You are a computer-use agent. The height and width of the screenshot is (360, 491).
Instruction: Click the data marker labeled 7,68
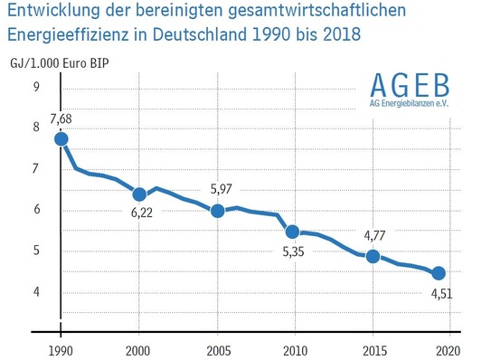point(61,138)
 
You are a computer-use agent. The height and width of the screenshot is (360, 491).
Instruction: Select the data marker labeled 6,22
point(139,194)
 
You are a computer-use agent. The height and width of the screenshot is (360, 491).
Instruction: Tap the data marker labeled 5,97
point(217,210)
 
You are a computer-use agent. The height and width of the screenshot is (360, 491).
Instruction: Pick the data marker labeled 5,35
point(293,232)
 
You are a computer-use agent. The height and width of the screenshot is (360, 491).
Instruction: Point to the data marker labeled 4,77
point(372,256)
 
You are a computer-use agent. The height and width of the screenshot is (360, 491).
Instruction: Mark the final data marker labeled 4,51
point(439,273)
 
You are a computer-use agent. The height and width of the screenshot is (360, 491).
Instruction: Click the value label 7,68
point(61,118)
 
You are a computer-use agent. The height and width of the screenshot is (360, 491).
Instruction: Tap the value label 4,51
point(441,293)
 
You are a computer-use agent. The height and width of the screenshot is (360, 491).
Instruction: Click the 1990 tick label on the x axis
point(61,348)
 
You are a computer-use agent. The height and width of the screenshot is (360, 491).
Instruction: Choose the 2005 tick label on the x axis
point(217,348)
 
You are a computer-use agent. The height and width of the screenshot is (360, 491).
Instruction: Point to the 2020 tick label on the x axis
point(449,348)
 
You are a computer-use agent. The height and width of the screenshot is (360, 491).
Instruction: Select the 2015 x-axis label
point(372,348)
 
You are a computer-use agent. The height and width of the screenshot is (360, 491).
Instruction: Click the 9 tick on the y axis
point(35,87)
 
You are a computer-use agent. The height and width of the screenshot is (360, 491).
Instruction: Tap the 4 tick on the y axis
point(35,291)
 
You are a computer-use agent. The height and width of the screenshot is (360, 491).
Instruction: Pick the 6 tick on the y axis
point(35,210)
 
